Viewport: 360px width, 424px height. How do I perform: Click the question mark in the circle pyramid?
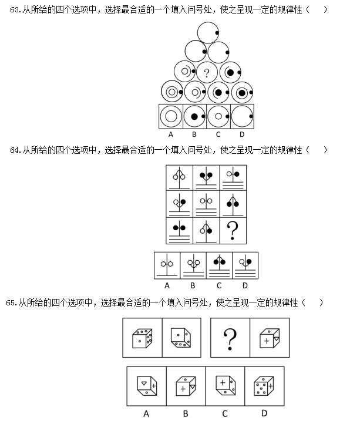[207, 73]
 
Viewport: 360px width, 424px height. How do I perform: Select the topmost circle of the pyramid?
[208, 33]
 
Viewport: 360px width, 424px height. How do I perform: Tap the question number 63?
[15, 10]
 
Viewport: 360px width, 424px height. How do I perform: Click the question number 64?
[15, 150]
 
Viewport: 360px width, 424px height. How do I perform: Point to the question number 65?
[11, 302]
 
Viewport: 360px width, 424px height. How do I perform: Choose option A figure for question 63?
[171, 116]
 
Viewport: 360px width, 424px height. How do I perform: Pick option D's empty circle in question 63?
[242, 116]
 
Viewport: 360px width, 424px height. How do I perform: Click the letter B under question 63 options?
[194, 134]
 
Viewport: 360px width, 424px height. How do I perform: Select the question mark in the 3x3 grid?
[233, 231]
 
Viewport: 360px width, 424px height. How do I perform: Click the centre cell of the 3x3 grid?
[206, 204]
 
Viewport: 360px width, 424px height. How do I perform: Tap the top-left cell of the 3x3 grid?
[179, 178]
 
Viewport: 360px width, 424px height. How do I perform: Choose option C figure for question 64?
[220, 265]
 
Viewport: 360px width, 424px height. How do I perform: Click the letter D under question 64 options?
[245, 285]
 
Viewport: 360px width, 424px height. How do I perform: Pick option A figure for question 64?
[167, 265]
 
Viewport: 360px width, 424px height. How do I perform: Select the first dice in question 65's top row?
[142, 338]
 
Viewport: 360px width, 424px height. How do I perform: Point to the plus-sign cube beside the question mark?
[270, 338]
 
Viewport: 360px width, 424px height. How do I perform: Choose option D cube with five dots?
[264, 386]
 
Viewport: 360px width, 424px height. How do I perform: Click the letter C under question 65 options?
[225, 413]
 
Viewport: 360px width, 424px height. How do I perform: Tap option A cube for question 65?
[147, 386]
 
